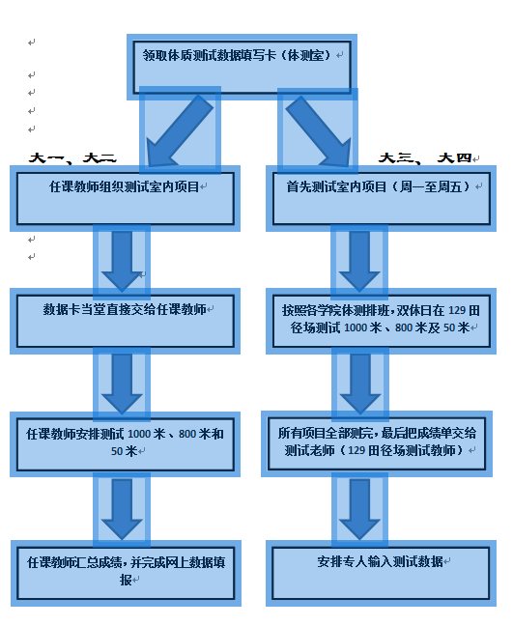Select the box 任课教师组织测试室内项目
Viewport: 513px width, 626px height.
click(x=126, y=197)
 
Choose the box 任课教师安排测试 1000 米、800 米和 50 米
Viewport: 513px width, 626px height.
click(x=126, y=442)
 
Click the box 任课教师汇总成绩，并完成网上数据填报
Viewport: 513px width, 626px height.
click(x=126, y=571)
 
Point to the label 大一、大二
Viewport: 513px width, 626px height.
click(x=72, y=157)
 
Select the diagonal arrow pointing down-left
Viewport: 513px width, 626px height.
click(x=180, y=128)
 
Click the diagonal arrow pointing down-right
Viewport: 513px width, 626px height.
click(x=317, y=128)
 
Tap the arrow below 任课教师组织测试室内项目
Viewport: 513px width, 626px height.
click(x=122, y=258)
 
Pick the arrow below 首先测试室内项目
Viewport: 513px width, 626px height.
click(x=358, y=258)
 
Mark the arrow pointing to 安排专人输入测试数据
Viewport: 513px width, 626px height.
click(x=358, y=506)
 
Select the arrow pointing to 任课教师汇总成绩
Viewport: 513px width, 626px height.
click(x=122, y=506)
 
